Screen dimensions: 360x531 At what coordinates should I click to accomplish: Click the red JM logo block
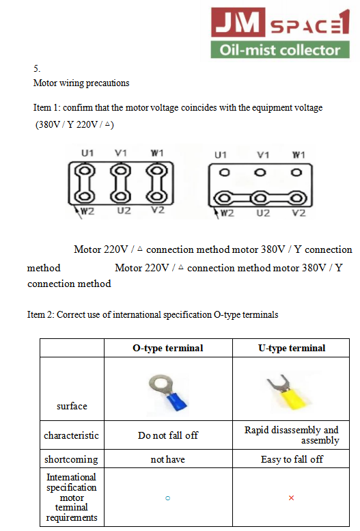click(238, 22)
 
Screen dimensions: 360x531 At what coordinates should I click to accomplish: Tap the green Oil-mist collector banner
click(280, 50)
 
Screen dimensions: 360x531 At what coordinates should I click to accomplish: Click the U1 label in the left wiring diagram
click(87, 153)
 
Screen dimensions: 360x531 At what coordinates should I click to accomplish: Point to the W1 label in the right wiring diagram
click(299, 154)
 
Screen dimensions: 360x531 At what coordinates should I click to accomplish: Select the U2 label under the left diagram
click(124, 210)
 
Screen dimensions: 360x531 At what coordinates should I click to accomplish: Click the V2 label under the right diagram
click(299, 213)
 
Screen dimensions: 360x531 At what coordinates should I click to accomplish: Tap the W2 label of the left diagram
click(87, 211)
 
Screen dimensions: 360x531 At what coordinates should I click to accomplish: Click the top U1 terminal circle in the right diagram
click(224, 173)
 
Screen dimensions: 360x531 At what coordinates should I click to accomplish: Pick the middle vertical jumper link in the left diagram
click(120, 183)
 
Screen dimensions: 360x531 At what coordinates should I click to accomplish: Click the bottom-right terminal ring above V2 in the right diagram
click(296, 198)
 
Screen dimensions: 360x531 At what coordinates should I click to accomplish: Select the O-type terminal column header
click(168, 348)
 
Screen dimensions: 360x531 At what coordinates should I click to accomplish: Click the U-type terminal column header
click(292, 348)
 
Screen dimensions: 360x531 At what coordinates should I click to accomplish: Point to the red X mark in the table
click(291, 498)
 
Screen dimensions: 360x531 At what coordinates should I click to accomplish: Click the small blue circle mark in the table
click(167, 498)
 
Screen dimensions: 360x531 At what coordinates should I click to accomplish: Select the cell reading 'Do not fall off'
click(168, 435)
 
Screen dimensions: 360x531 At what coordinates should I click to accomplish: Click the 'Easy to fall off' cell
click(292, 459)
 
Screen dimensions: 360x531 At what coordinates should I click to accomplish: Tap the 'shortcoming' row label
click(71, 459)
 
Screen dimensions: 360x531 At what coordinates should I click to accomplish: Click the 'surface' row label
click(72, 406)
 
